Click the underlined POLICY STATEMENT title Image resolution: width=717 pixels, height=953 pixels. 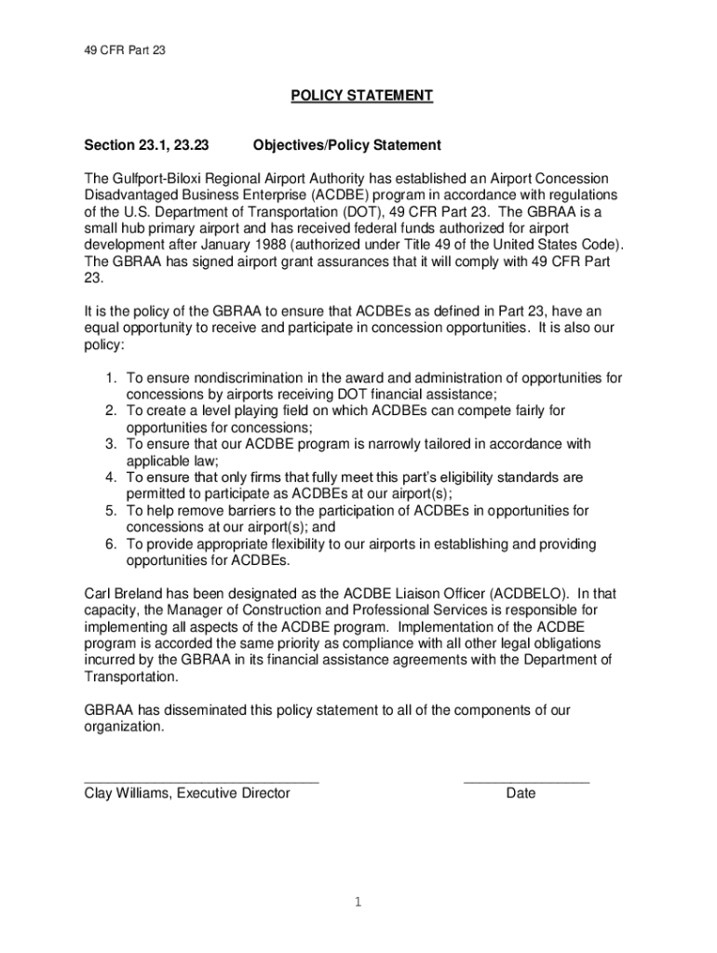361,96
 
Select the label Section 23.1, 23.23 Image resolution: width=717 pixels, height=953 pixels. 146,145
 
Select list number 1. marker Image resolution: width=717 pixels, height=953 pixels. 111,378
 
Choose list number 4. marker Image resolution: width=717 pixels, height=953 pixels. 111,477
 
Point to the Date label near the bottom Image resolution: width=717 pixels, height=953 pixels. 521,794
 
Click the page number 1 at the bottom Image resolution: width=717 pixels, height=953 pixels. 358,902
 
